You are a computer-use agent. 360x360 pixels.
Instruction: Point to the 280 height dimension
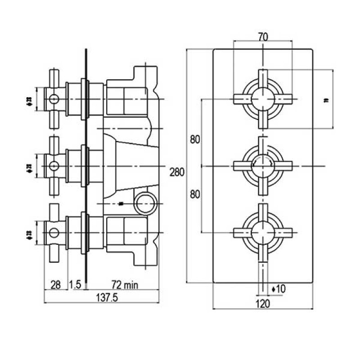(x=177, y=172)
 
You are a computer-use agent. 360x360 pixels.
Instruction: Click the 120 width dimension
(x=263, y=304)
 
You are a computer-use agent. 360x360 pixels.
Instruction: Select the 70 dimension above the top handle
(x=263, y=37)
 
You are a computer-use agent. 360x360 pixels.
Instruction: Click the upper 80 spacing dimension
(x=195, y=139)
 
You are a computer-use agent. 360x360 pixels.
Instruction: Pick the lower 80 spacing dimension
(x=195, y=194)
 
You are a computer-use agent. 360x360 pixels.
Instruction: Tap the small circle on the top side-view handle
(x=54, y=99)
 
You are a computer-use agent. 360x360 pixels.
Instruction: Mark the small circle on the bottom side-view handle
(x=54, y=233)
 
